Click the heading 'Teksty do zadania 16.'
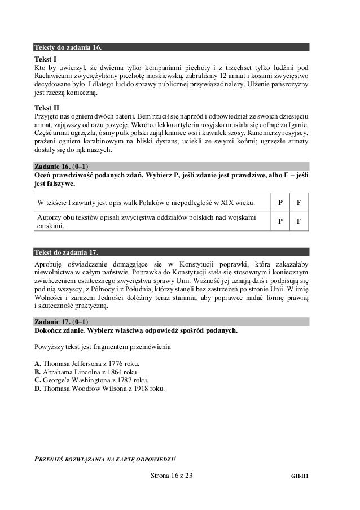[69, 46]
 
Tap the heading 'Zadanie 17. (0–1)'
[62, 321]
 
